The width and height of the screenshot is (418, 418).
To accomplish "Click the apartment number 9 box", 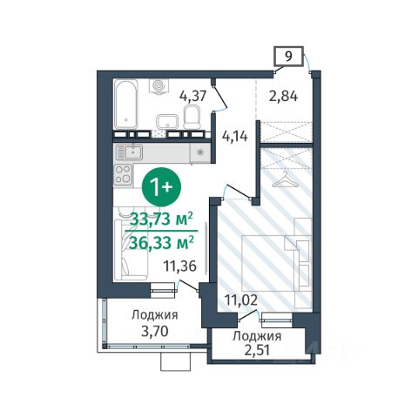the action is (x=288, y=56).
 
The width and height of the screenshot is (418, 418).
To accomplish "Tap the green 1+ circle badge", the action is (x=161, y=187).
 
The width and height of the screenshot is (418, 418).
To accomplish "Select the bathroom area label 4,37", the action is (x=192, y=96).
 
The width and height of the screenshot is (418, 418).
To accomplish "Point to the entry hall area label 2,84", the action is (x=283, y=96).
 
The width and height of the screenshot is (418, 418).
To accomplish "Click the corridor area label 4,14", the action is (x=234, y=136).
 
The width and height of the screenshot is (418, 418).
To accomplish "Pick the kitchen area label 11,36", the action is (x=179, y=266).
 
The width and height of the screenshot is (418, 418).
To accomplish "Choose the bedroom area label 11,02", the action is (x=241, y=300).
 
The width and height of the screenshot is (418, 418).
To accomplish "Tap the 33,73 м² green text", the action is (x=161, y=219).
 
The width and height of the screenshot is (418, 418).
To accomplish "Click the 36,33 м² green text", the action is (x=161, y=242).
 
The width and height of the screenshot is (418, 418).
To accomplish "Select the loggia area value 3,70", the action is (x=155, y=331).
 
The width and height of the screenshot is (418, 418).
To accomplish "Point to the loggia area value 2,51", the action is (x=257, y=350).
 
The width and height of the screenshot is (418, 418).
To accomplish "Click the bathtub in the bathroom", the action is (x=126, y=104).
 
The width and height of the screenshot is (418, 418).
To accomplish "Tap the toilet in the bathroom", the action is (x=192, y=117).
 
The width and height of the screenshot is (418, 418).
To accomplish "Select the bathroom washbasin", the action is (x=167, y=121).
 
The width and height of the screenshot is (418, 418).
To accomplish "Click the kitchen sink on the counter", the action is (x=129, y=152).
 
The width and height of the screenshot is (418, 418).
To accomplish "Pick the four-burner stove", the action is (x=124, y=174).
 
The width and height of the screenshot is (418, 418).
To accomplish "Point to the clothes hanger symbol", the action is (x=286, y=179).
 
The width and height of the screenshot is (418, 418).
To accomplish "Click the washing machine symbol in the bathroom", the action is (x=158, y=86).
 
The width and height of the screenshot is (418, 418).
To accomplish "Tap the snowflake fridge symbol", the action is (x=199, y=152).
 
